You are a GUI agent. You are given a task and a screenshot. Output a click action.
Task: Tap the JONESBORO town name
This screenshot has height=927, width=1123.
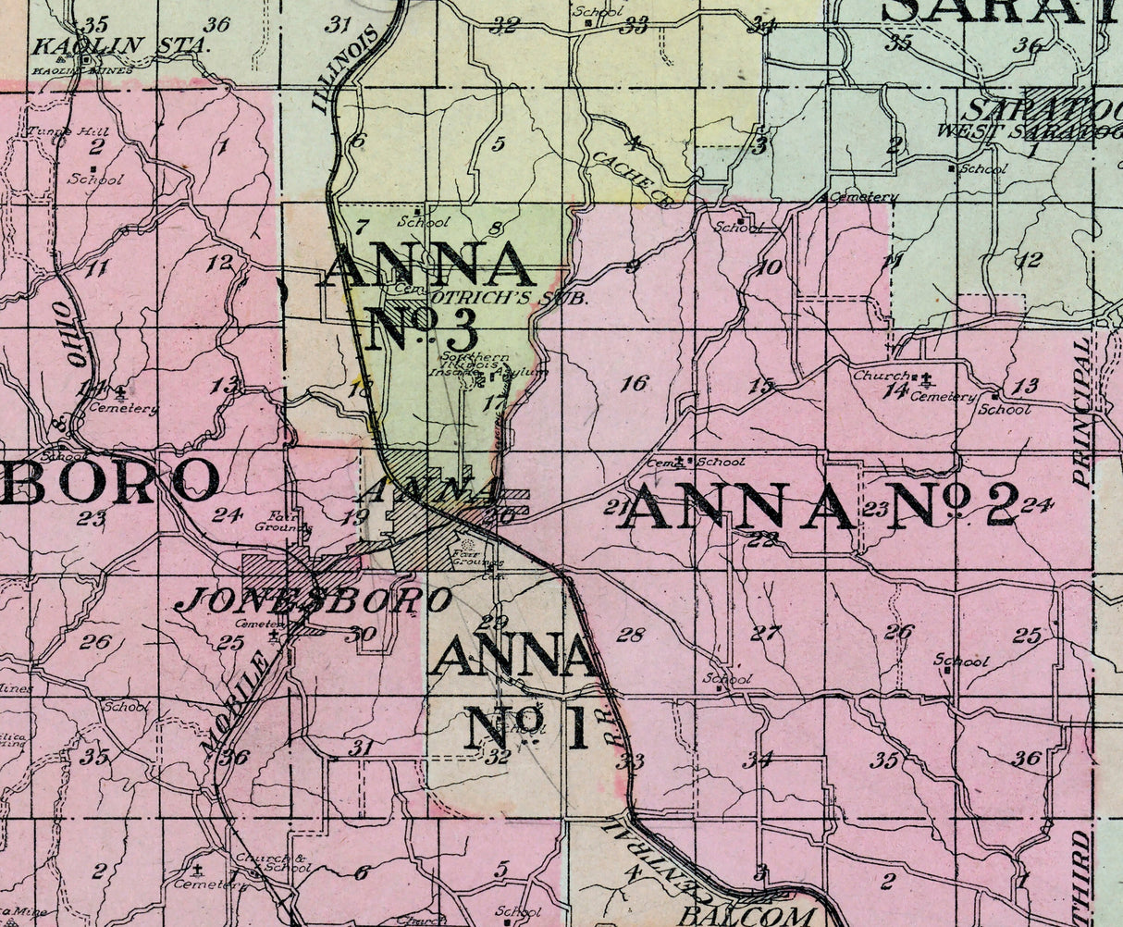[314, 601]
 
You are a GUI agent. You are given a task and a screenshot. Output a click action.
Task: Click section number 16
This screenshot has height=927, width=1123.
[635, 383]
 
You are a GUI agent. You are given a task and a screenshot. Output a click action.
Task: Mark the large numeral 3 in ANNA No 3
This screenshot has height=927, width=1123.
[460, 329]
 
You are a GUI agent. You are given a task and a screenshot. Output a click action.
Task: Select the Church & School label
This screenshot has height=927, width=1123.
[272, 862]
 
